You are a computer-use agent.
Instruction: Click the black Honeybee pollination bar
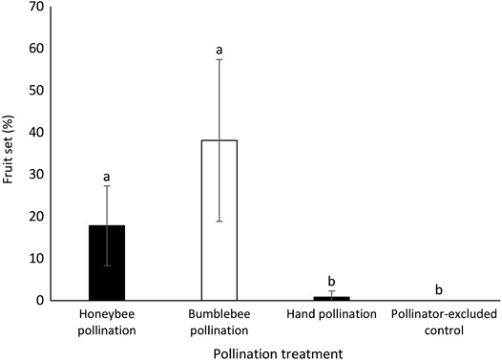click(107, 263)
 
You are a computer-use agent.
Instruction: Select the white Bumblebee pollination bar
click(220, 221)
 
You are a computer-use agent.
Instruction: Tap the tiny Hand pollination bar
click(332, 299)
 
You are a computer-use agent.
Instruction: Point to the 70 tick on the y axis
click(36, 7)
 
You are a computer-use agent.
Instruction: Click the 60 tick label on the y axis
click(36, 49)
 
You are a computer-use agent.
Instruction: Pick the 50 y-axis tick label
click(36, 91)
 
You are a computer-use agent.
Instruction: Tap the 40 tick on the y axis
click(36, 133)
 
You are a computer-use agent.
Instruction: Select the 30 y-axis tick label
click(36, 175)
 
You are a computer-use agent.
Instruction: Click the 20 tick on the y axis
click(36, 217)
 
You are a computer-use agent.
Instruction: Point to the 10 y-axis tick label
click(36, 259)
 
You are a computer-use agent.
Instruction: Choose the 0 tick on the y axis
click(40, 301)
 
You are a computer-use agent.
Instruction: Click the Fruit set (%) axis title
click(8, 149)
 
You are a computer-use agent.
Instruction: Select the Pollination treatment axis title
click(278, 354)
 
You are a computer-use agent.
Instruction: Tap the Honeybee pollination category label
click(107, 322)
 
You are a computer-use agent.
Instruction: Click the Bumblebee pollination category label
click(220, 322)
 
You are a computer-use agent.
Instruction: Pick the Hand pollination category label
click(332, 314)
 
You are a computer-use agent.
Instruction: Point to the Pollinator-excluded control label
click(444, 322)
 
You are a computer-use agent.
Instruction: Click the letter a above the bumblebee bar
click(220, 51)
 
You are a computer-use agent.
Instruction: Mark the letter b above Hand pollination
click(332, 281)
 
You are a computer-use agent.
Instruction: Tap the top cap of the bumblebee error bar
click(220, 59)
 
